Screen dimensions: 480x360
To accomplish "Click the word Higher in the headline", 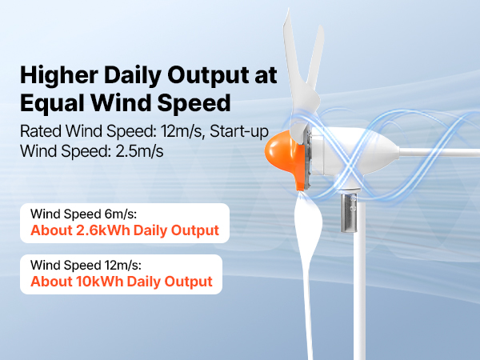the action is (59, 76).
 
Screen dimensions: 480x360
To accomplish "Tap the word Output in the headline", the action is (209, 75).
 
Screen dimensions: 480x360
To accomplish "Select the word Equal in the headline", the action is (52, 103).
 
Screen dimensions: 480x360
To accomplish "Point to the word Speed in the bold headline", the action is (194, 103).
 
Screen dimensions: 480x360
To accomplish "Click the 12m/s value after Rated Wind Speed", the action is (182, 131).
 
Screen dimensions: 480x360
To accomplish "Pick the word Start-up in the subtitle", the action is (239, 131).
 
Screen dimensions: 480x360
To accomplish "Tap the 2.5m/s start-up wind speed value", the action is (139, 151).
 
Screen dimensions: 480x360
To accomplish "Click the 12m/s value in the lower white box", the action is (123, 265).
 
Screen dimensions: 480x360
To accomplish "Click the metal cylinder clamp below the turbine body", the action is (349, 213).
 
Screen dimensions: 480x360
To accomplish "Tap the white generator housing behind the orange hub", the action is (352, 153).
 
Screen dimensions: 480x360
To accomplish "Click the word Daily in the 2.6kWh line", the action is (150, 230).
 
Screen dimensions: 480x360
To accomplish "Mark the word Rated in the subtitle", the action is (41, 131).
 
